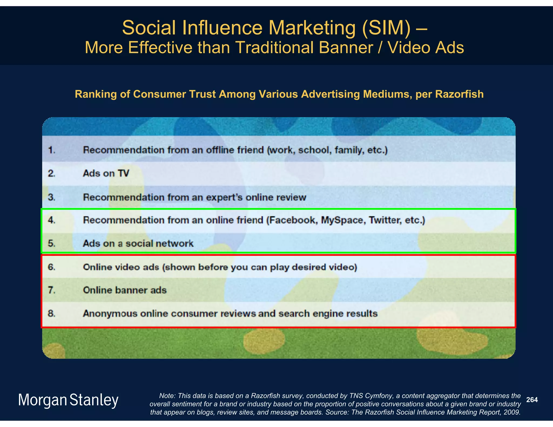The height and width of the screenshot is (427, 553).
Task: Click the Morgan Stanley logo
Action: click(x=68, y=400)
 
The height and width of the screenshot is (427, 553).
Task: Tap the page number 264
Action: click(x=532, y=400)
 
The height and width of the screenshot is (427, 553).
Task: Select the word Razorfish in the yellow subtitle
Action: click(x=459, y=94)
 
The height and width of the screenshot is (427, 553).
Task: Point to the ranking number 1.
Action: click(x=52, y=150)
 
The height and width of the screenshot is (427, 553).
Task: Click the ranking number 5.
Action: click(x=52, y=243)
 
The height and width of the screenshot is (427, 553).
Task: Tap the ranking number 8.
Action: click(x=52, y=313)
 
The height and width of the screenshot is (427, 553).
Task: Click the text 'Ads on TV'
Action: click(x=106, y=173)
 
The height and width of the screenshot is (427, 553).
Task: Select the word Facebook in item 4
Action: click(x=293, y=220)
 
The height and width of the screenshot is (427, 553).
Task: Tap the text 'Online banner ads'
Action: click(x=125, y=290)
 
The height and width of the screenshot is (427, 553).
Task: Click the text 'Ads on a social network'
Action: click(x=138, y=243)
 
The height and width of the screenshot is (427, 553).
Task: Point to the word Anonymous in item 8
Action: click(x=110, y=314)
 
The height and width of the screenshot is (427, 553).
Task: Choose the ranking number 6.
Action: click(x=52, y=267)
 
